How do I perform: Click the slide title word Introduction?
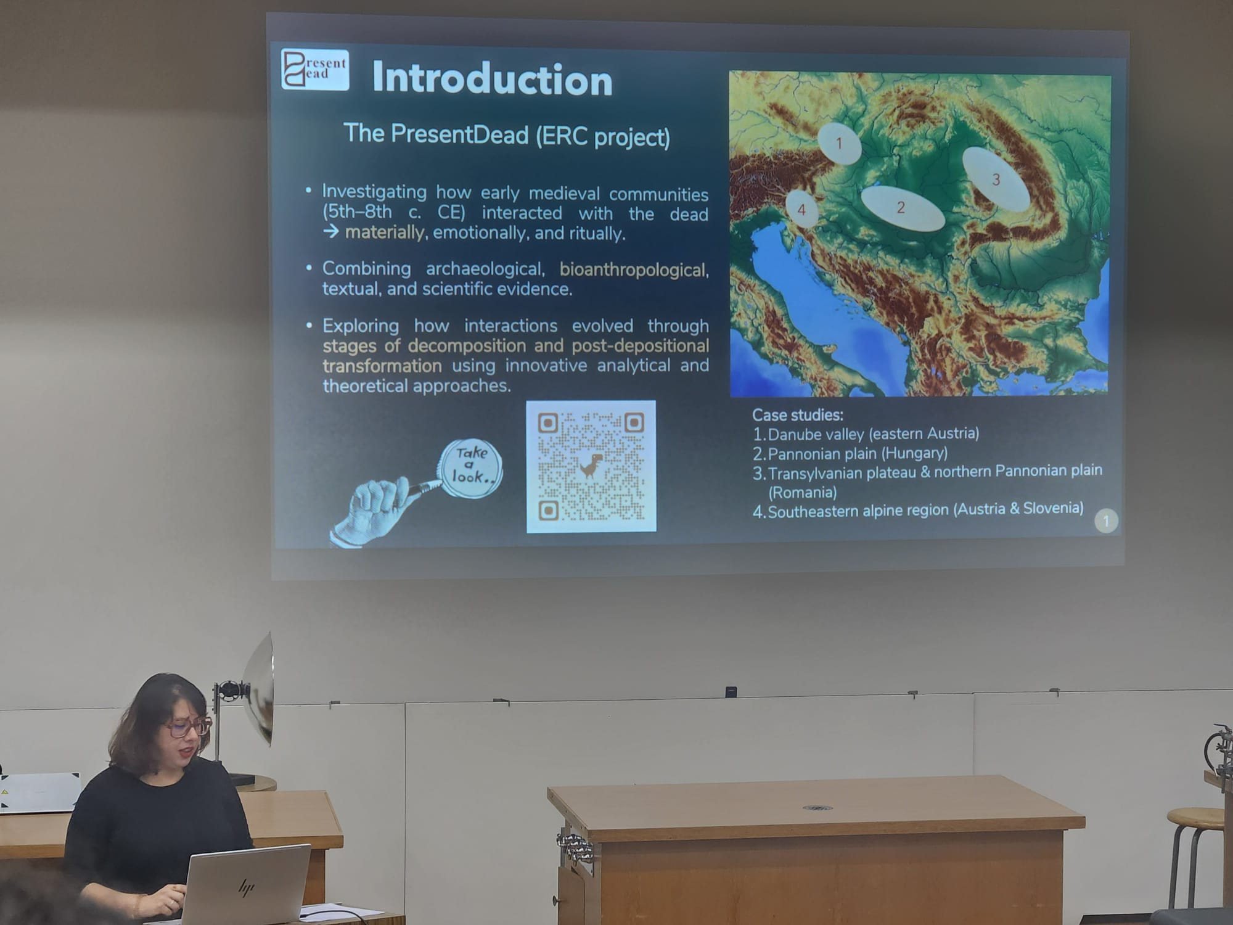pos(492,79)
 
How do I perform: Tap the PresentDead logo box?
pos(315,70)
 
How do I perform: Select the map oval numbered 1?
pos(839,143)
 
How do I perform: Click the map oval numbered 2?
pos(903,208)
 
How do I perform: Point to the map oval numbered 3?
pos(995,179)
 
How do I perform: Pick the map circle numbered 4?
pos(801,210)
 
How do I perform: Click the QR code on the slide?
pos(591,466)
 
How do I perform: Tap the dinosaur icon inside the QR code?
pos(591,466)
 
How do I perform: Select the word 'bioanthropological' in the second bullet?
pos(634,270)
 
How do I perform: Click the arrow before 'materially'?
pos(331,231)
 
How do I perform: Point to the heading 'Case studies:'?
pos(798,415)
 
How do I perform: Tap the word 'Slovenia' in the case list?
pos(1053,509)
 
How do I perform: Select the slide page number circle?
pos(1106,521)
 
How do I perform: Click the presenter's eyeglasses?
pos(187,726)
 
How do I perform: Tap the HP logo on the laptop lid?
pos(247,887)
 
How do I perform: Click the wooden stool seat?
pos(1196,818)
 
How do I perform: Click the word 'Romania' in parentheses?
pos(802,492)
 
